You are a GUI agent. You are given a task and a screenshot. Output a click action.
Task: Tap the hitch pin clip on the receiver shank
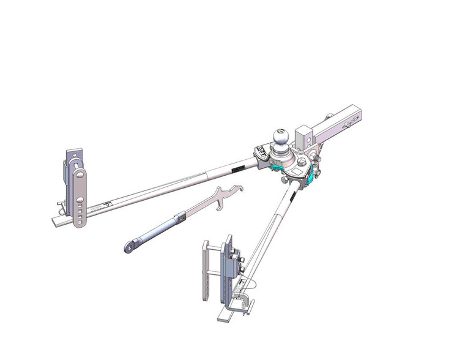click(x=349, y=124)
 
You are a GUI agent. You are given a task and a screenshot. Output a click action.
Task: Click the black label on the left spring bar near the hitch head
click(x=237, y=166)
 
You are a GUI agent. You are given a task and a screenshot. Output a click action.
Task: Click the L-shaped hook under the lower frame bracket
click(x=245, y=301)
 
